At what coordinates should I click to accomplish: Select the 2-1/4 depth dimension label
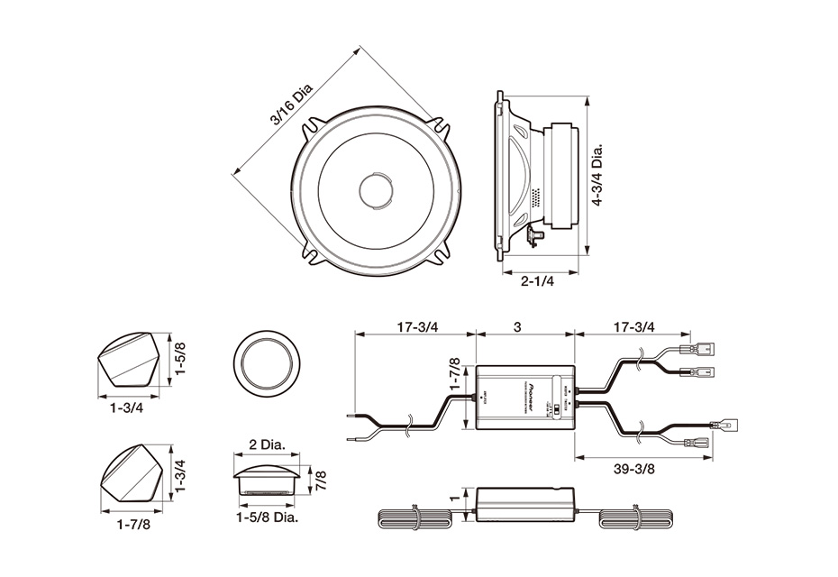[537, 281]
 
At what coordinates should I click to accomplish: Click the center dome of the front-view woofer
[376, 190]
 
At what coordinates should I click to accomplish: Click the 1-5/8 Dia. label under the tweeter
[267, 517]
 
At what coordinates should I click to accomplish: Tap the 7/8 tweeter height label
[321, 480]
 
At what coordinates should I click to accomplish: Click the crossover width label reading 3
[517, 326]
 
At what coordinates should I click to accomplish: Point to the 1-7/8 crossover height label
[455, 376]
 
